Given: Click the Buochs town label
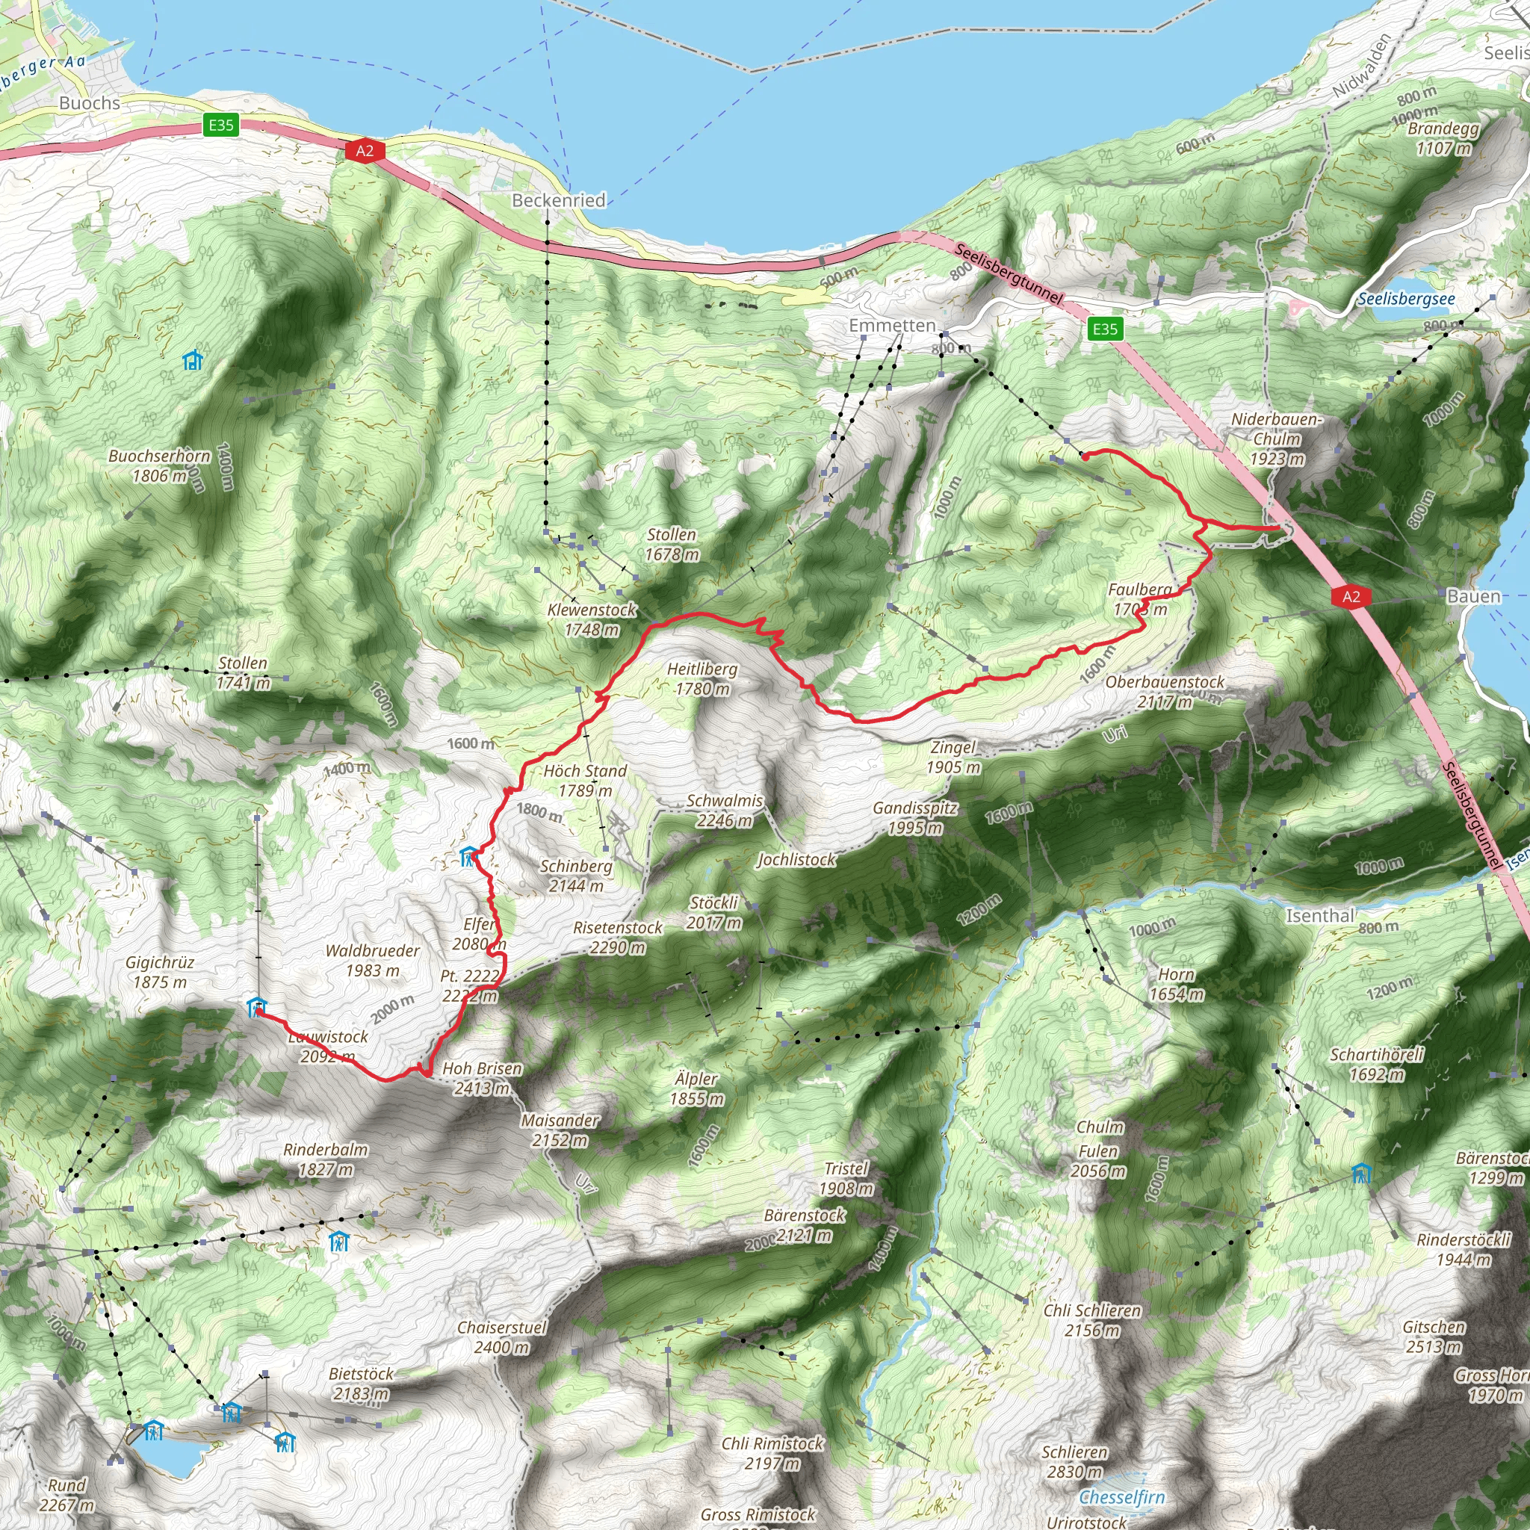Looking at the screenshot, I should [90, 103].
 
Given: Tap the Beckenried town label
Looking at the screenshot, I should [558, 200].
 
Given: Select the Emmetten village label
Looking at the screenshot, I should [892, 326].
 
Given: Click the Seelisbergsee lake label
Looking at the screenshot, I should [1407, 299].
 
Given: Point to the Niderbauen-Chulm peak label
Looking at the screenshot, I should [1277, 439].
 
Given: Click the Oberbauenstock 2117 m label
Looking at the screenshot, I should [1165, 691].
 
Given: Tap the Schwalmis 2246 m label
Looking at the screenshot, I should [724, 810].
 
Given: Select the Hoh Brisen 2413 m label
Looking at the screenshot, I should [482, 1078].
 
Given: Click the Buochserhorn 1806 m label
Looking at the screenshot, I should [159, 465].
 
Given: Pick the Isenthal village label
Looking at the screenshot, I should [1319, 915].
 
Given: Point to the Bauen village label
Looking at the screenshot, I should [1473, 596].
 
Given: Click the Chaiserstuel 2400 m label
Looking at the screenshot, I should [502, 1337].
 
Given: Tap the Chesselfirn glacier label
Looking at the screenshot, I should [1121, 1475].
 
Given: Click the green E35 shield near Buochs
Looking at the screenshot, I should [221, 124].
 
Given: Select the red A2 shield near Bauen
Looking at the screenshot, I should [1351, 596].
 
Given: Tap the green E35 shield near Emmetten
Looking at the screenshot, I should [1105, 329].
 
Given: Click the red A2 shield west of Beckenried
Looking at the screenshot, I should [365, 150].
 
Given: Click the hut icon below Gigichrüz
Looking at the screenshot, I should [256, 1006].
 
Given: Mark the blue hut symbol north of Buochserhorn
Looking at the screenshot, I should [193, 360].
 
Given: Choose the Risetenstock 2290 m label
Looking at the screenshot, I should [618, 937].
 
